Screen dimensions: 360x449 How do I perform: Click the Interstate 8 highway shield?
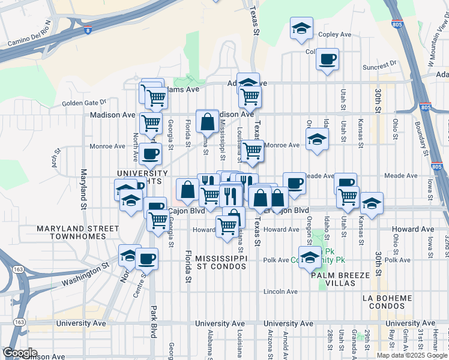88,30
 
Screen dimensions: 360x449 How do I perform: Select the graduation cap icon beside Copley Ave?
301,28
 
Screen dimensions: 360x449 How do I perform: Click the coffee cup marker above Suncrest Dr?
327,59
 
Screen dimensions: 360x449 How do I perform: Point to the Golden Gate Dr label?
83,103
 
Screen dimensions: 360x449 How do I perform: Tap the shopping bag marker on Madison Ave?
207,122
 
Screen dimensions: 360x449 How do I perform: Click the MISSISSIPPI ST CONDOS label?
221,262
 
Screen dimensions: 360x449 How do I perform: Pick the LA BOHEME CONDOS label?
388,302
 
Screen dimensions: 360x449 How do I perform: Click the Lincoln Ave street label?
281,292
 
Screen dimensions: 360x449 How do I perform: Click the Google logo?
20,353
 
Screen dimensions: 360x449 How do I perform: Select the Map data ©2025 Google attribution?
411,355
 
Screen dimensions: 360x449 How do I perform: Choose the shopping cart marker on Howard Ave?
226,226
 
